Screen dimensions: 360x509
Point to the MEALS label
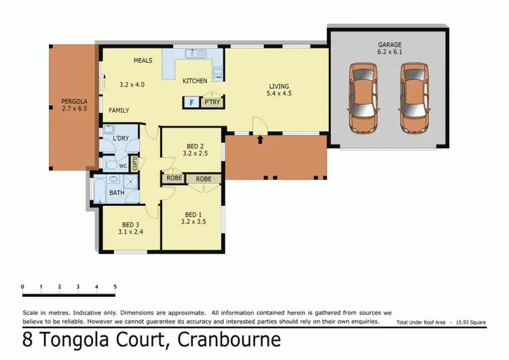point(143,60)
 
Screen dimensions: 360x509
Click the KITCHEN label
point(195,81)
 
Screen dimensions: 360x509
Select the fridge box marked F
point(192,103)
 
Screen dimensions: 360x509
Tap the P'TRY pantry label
point(212,103)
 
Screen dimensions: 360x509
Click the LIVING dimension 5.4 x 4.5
point(279,94)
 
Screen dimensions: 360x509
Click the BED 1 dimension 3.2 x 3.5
point(193,221)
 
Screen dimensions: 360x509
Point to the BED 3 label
point(131,225)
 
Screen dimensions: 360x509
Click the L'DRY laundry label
point(121,139)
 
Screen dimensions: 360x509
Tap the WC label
point(123,165)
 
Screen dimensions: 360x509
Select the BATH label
point(117,193)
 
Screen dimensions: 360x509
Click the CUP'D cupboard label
point(135,164)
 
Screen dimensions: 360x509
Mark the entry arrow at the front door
point(261,141)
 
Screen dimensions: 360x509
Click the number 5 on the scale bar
point(115,287)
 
